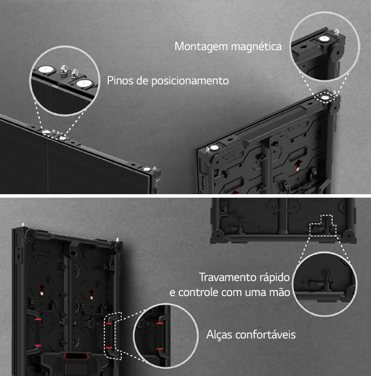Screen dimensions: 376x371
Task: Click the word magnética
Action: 257,47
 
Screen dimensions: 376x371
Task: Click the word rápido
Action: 275,278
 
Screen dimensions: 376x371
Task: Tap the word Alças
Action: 219,334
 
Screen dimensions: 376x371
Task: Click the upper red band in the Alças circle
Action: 159,324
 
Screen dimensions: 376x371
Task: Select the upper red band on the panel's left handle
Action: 37,320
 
